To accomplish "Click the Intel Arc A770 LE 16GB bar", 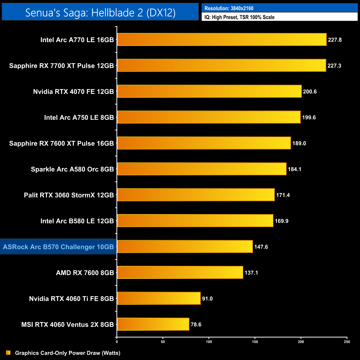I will pos(222,40).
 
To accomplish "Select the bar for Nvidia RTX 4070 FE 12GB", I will pos(209,91).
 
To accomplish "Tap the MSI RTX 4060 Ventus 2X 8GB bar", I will pos(153,324).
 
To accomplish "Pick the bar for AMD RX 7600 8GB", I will pos(180,272).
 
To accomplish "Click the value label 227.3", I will pos(334,66).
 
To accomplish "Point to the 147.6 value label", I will pos(261,247).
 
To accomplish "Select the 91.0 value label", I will pos(207,299).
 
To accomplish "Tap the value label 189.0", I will pos(299,143).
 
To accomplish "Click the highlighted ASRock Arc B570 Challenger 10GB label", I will pos(58,247).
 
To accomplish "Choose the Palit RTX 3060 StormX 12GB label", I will pos(69,195).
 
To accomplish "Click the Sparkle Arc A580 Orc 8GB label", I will pos(72,169).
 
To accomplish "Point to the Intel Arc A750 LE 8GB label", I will pos(79,117).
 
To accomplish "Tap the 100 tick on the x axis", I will pos(209,342).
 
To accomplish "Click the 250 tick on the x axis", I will pos(347,342).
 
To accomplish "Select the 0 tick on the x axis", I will pos(117,342).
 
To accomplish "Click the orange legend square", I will pos(8,353).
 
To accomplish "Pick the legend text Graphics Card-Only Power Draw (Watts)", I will pos(68,353).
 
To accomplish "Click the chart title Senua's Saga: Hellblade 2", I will pos(100,12).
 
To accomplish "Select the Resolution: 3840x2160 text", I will pos(229,8).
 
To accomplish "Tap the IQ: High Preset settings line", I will pos(239,17).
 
